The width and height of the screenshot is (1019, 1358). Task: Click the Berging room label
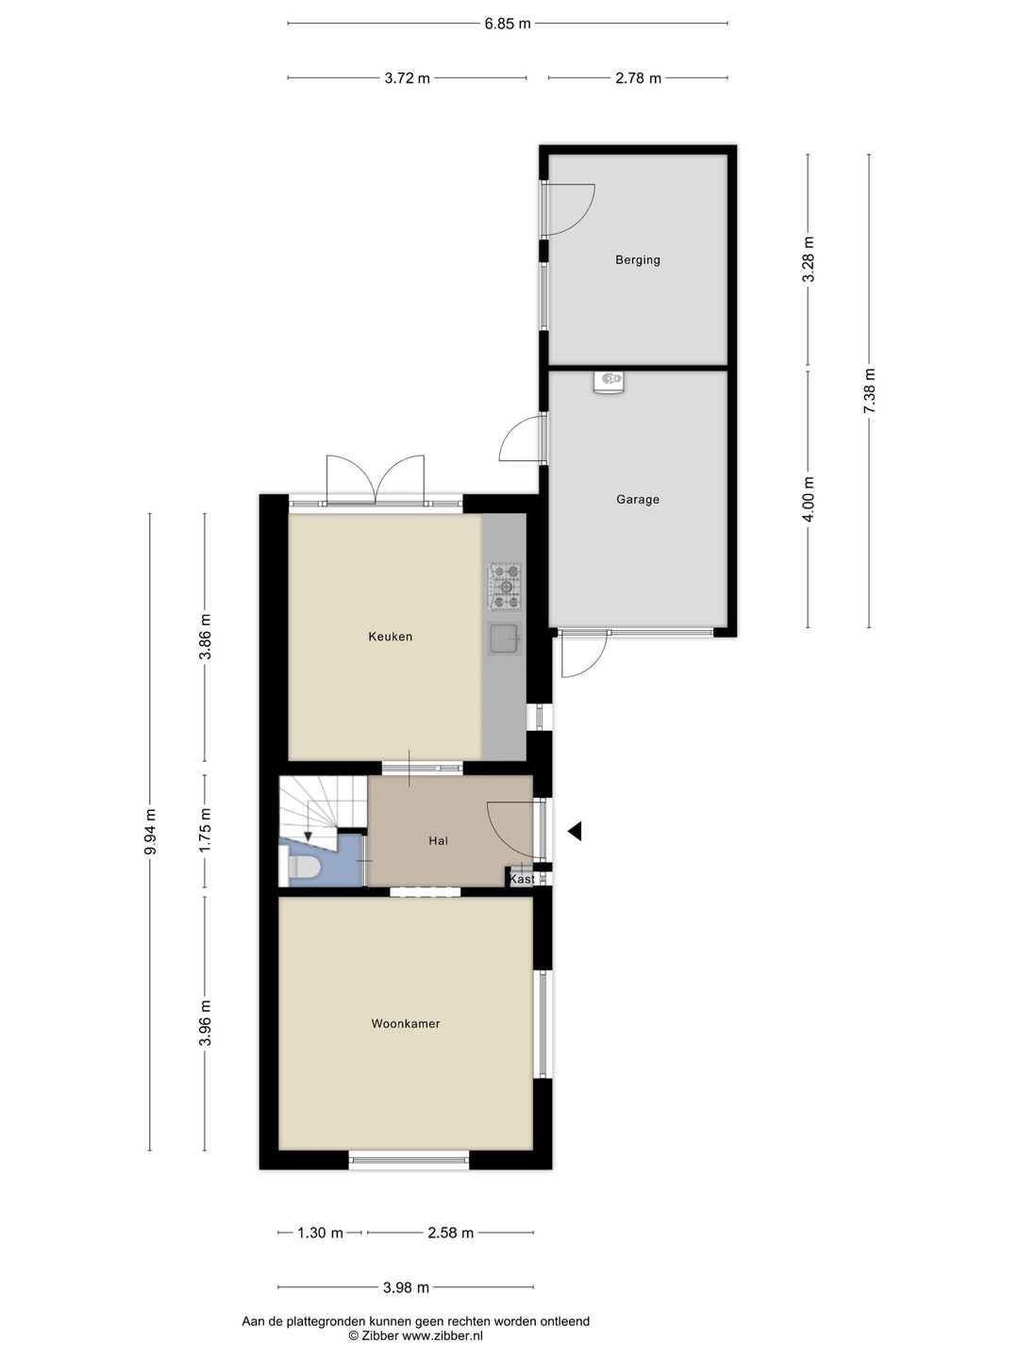[637, 260]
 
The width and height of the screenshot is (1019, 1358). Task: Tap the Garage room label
[637, 499]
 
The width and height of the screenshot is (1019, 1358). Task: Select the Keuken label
[390, 637]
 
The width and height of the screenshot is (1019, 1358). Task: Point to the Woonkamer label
[406, 1024]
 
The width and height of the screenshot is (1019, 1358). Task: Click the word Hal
[438, 841]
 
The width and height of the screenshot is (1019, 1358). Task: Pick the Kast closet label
[522, 879]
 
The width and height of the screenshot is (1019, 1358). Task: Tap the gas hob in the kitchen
[506, 586]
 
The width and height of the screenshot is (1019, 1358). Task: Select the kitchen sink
[505, 639]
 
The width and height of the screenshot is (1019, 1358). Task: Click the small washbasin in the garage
[609, 381]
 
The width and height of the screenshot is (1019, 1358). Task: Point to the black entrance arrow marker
[575, 832]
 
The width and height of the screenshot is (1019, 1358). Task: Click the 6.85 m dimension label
[508, 25]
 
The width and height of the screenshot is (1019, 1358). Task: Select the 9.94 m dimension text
[150, 832]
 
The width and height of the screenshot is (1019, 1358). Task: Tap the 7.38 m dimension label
[869, 390]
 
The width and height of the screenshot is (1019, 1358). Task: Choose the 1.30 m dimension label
[320, 1233]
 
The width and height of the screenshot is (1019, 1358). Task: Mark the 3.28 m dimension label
[808, 259]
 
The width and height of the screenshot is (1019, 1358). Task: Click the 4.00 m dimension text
[808, 499]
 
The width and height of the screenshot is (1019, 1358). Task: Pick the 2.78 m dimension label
[638, 78]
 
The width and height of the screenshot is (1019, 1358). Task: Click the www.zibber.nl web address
[443, 1335]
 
